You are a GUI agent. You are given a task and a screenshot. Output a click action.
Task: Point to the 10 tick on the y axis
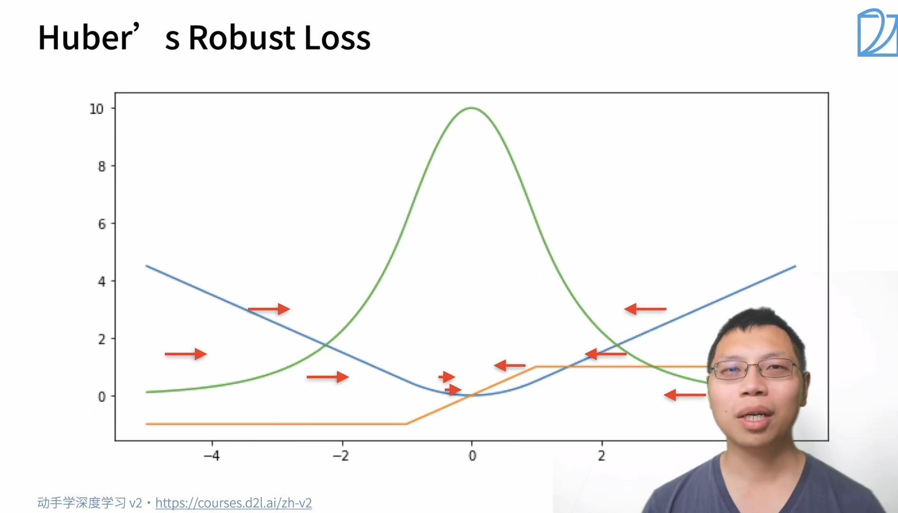click(96, 109)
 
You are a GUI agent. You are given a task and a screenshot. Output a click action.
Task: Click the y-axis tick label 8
click(102, 166)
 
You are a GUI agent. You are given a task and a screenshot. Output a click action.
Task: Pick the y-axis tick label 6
click(102, 224)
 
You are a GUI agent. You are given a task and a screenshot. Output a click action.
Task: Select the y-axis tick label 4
click(102, 281)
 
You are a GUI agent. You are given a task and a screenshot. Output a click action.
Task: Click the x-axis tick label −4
click(212, 456)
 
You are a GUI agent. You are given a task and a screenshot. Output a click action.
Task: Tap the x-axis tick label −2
click(341, 456)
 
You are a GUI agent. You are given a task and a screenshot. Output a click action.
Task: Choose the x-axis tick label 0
click(472, 456)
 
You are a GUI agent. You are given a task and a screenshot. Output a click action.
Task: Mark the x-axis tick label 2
click(601, 456)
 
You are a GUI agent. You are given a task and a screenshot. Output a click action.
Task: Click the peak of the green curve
click(471, 108)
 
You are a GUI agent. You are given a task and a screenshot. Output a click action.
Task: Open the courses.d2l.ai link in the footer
click(234, 503)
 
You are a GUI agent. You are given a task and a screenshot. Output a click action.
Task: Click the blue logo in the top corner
click(877, 32)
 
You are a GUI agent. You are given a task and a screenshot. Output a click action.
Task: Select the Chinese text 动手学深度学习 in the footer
click(82, 503)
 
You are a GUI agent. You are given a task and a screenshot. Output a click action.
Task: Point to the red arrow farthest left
click(186, 354)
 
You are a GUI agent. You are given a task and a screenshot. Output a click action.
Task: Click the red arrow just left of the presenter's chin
click(685, 395)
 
